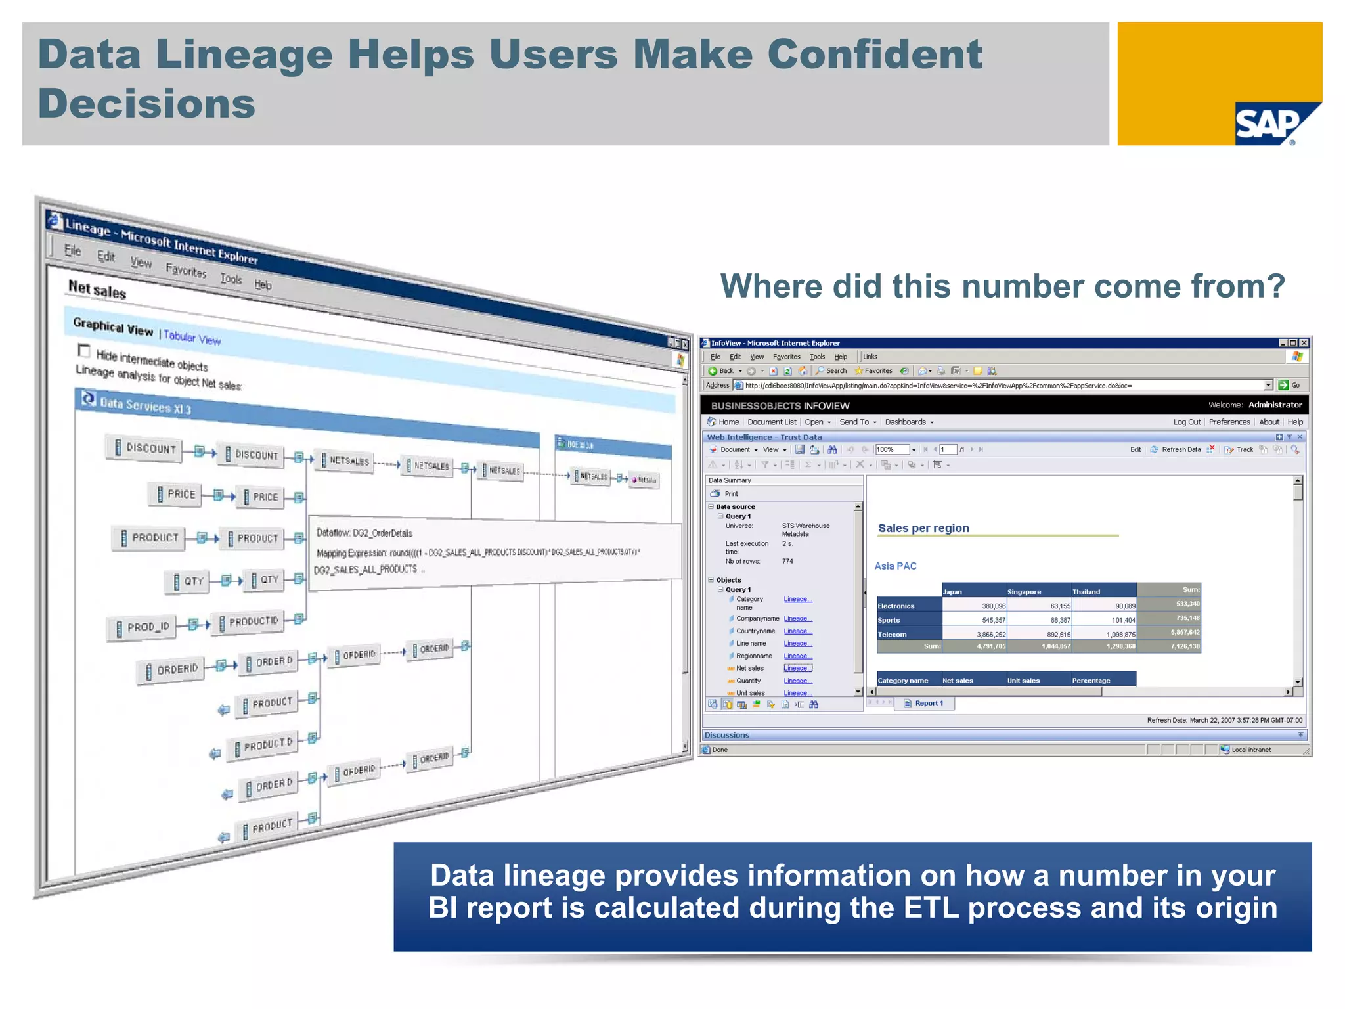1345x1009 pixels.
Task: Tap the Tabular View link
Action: pyautogui.click(x=192, y=338)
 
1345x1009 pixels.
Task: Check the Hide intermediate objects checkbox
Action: pyautogui.click(x=83, y=350)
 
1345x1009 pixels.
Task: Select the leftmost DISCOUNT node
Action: pyautogui.click(x=145, y=448)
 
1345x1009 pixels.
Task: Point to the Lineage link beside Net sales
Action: pyautogui.click(x=797, y=668)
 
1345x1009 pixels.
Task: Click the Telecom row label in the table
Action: pyautogui.click(x=893, y=634)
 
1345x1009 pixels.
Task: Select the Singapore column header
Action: pyautogui.click(x=1024, y=592)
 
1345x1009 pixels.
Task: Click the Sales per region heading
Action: pyautogui.click(x=923, y=528)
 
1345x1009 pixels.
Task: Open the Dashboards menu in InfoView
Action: pyautogui.click(x=908, y=422)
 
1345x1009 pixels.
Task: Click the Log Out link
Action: pyautogui.click(x=1186, y=422)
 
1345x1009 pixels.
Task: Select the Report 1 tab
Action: pyautogui.click(x=928, y=703)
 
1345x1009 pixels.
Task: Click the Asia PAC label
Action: pyautogui.click(x=895, y=566)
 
